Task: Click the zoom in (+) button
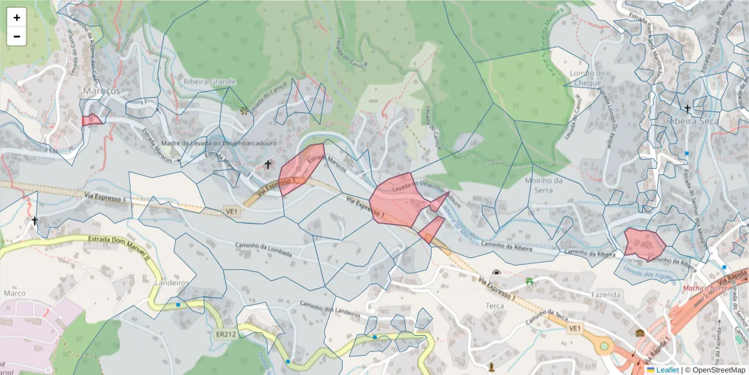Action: [x=16, y=17]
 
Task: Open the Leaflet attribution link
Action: [x=667, y=370]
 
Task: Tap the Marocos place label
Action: [x=101, y=91]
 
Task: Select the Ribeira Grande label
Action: [x=210, y=81]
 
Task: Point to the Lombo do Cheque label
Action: [x=588, y=78]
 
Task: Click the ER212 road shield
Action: [x=226, y=334]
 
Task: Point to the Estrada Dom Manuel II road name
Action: [x=119, y=246]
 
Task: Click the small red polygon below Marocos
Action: [x=91, y=119]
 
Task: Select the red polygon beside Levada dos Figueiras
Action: [x=644, y=242]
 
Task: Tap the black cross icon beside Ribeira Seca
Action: [x=687, y=109]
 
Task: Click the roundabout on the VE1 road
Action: [x=604, y=345]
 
